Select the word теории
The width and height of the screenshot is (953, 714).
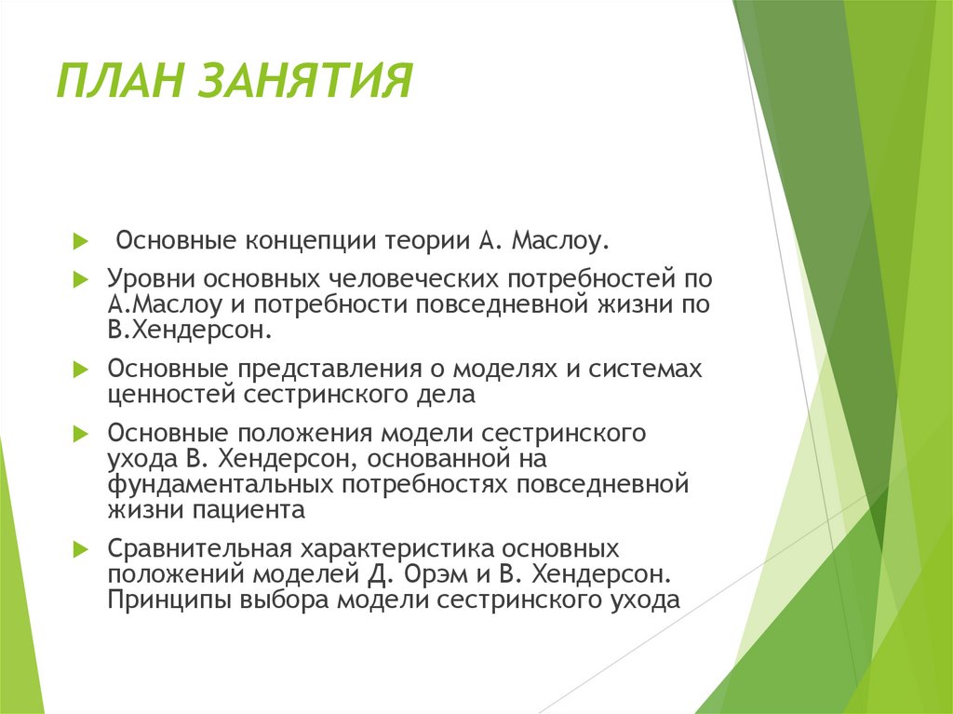point(423,242)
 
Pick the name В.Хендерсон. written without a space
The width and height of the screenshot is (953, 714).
point(190,329)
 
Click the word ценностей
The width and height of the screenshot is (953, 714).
point(173,394)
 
